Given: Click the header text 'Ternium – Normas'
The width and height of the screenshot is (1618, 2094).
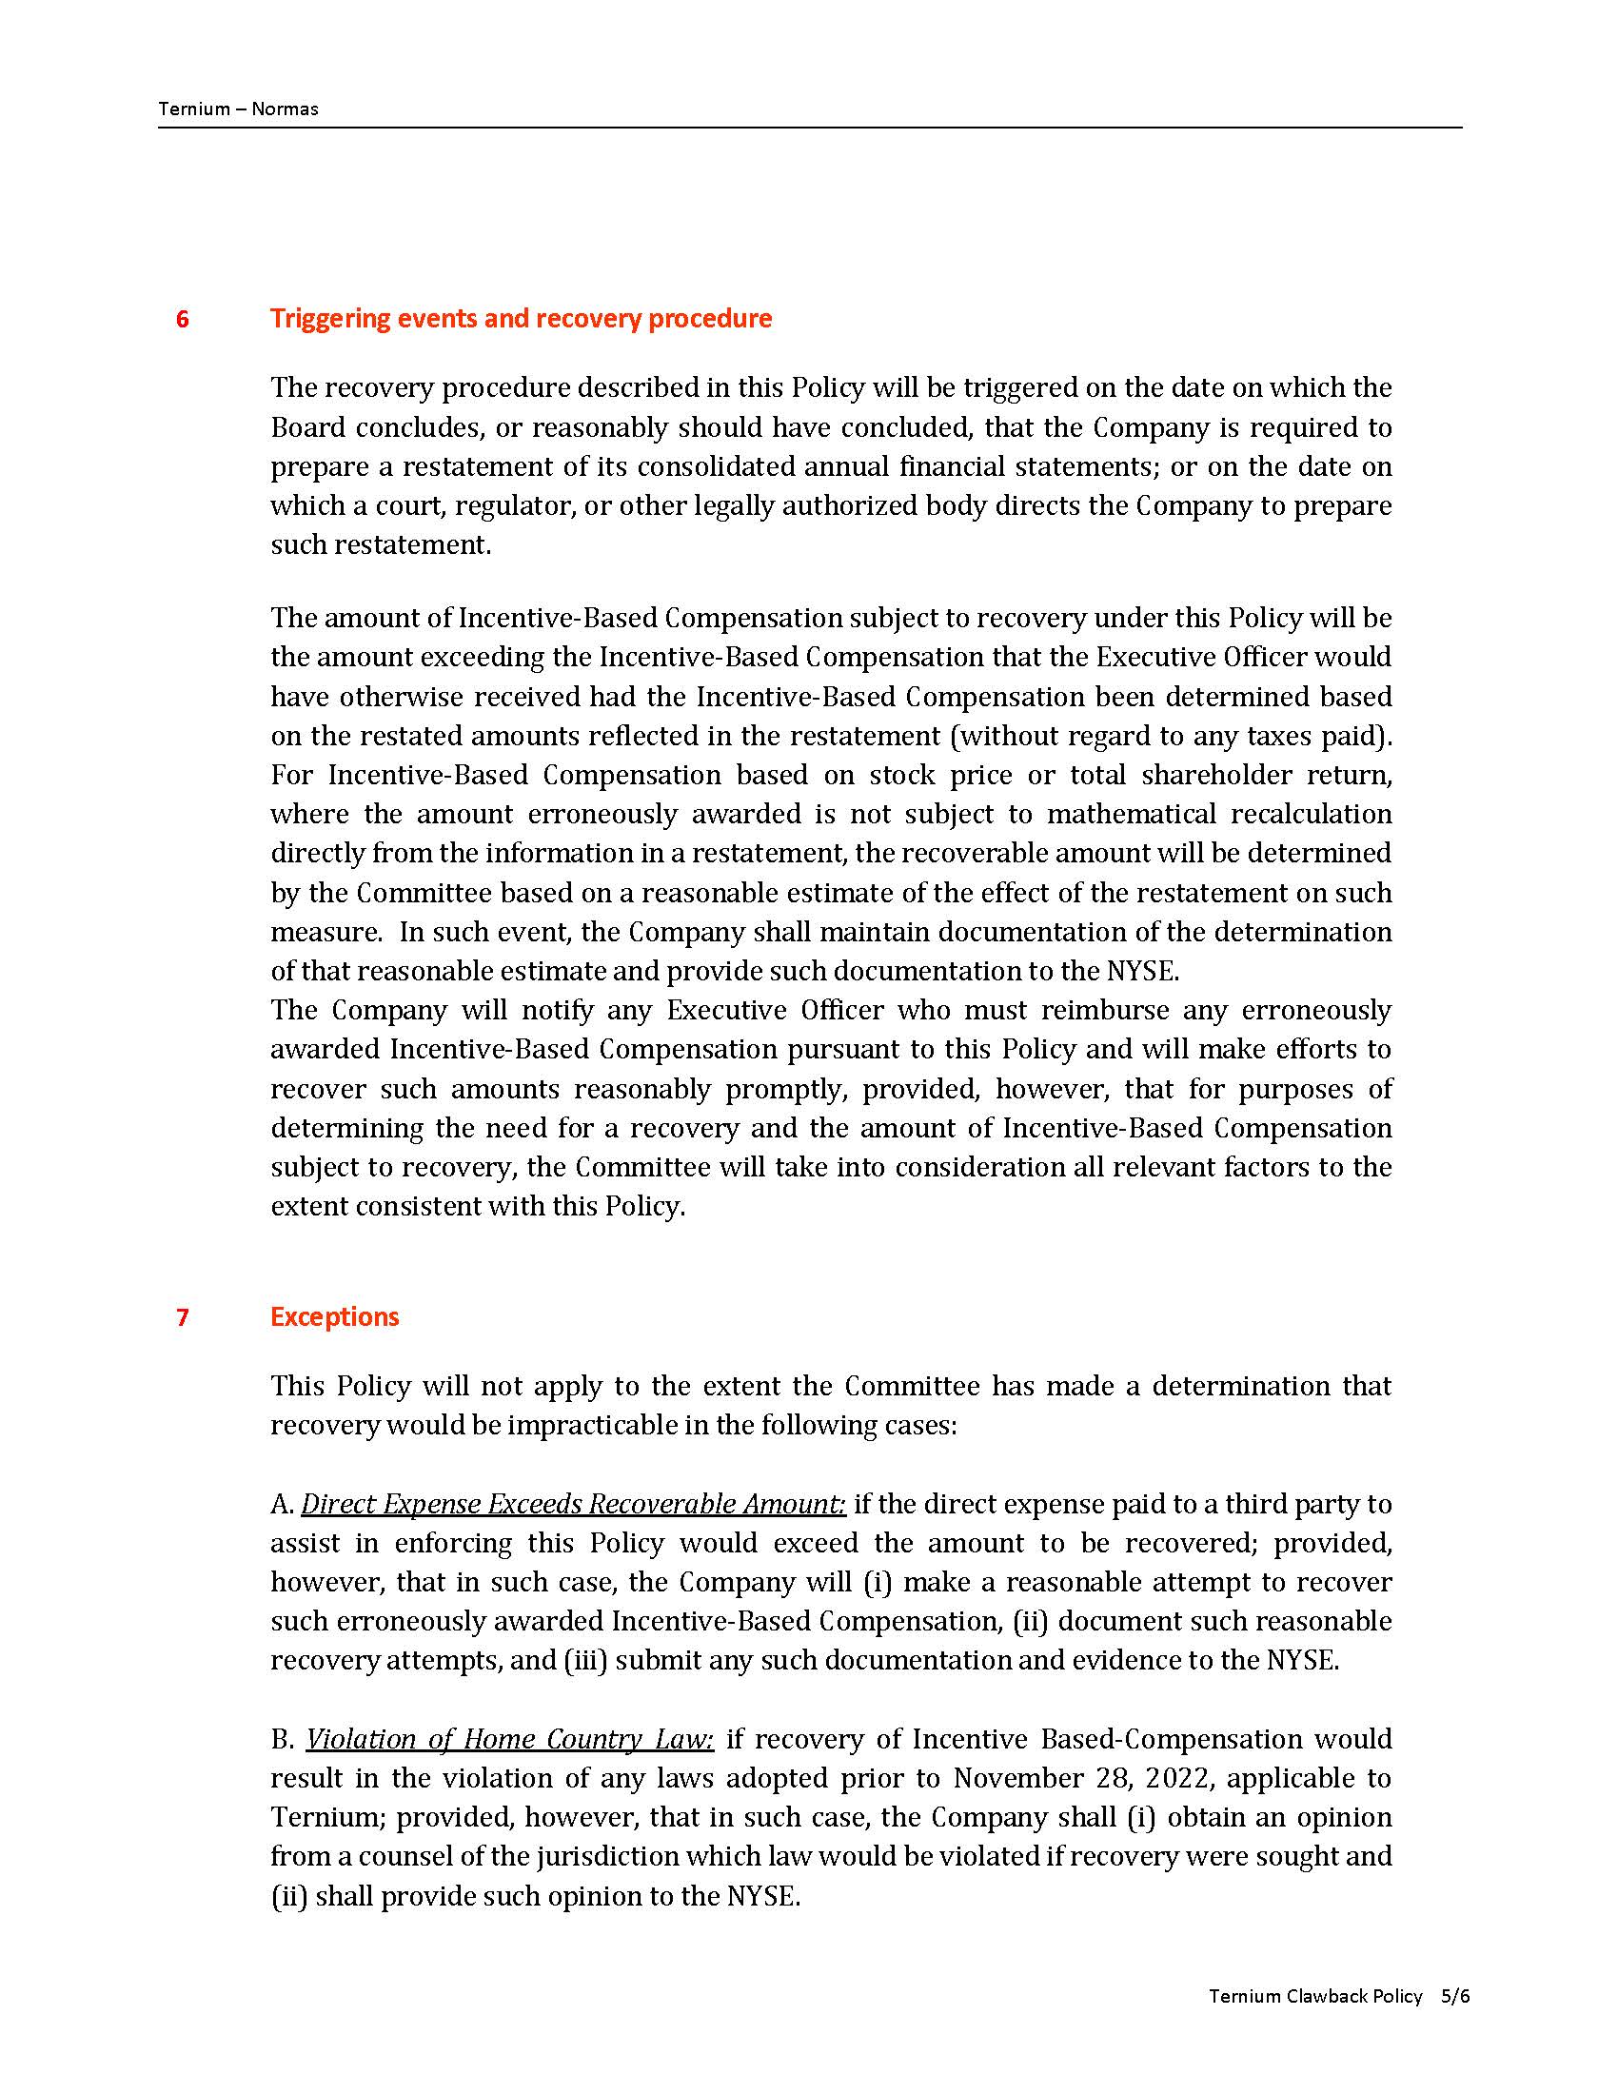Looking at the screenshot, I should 238,109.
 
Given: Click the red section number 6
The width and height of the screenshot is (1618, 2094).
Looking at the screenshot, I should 182,319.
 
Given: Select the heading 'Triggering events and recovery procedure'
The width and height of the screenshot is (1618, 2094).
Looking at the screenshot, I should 521,318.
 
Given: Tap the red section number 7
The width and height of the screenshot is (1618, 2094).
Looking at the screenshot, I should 182,1317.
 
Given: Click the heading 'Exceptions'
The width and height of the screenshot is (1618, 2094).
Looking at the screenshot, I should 333,1316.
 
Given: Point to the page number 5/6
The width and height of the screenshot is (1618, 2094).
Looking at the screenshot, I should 1454,1995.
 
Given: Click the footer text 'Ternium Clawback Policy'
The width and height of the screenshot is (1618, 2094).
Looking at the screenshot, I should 1314,1995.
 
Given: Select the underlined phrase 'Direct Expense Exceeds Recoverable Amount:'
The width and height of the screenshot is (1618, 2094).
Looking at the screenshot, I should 573,1503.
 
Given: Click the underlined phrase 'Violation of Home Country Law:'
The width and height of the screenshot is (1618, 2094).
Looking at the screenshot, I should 510,1739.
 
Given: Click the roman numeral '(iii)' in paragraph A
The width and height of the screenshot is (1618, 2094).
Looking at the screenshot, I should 584,1661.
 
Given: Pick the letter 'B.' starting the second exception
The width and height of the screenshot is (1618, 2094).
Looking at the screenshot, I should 283,1739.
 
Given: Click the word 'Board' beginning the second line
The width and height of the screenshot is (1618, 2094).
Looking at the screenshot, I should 307,426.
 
